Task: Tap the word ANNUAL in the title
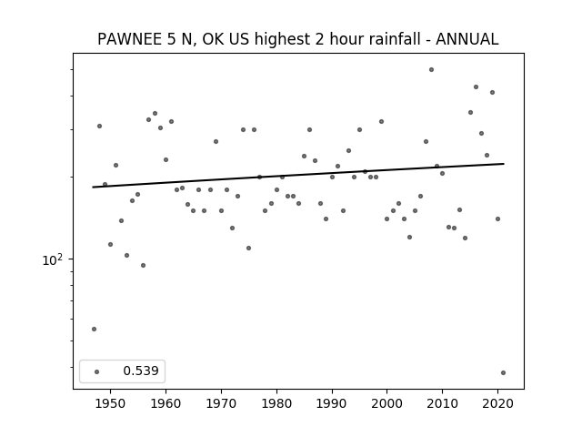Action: click(x=467, y=39)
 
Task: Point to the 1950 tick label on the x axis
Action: click(x=110, y=403)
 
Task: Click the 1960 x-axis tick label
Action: click(x=166, y=403)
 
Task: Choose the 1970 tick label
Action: click(x=221, y=403)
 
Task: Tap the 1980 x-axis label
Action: click(x=276, y=403)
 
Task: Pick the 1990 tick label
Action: click(x=332, y=403)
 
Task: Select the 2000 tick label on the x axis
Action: click(x=387, y=403)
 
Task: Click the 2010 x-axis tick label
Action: click(x=443, y=403)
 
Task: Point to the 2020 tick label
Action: click(x=497, y=403)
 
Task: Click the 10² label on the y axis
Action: click(x=52, y=259)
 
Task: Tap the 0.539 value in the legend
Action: click(x=141, y=371)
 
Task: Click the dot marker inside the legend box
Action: click(x=97, y=371)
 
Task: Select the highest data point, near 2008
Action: click(x=431, y=69)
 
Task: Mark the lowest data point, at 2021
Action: click(x=503, y=372)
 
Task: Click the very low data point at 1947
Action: click(x=94, y=329)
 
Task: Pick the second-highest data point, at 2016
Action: click(x=476, y=87)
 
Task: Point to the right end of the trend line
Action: click(x=504, y=164)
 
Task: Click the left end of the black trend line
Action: click(x=93, y=187)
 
